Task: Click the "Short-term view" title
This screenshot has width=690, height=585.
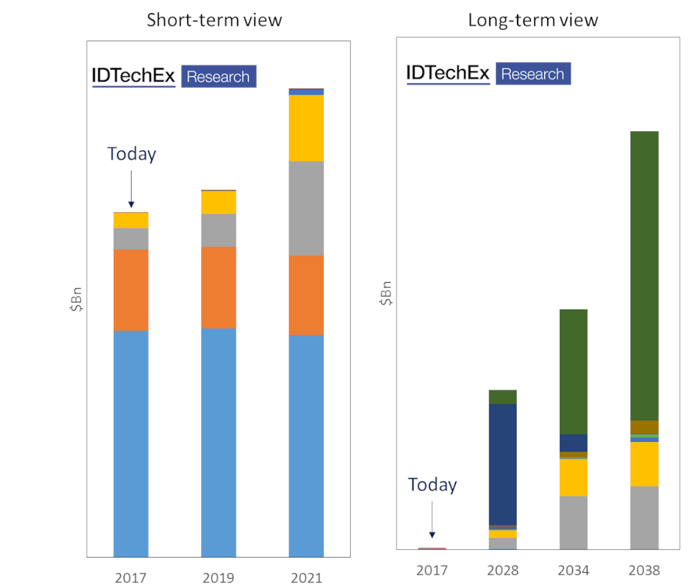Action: (214, 20)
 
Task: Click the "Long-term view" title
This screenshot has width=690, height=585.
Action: (533, 20)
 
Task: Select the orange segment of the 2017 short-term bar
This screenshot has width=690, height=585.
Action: (131, 290)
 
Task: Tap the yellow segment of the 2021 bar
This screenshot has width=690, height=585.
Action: (306, 128)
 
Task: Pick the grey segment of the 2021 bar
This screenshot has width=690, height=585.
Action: (306, 208)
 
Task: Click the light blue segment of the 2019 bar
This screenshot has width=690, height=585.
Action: (219, 443)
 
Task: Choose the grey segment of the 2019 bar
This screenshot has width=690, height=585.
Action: (219, 230)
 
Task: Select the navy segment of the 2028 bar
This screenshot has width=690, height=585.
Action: (503, 464)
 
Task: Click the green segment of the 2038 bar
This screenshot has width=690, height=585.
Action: (644, 276)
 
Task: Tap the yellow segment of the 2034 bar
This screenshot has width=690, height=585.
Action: (574, 478)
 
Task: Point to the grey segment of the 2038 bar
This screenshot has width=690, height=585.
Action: (644, 518)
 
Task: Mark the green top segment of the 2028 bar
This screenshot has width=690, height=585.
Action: (503, 397)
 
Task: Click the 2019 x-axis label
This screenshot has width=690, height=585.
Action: (218, 578)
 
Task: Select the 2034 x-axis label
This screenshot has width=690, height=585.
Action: (574, 570)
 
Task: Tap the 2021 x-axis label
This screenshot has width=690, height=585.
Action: (306, 578)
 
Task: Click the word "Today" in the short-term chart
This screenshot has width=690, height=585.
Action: (132, 154)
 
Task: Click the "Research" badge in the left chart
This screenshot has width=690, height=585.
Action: (219, 76)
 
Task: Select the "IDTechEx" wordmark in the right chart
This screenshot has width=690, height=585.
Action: (448, 73)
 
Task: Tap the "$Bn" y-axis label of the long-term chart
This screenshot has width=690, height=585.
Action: (386, 293)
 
